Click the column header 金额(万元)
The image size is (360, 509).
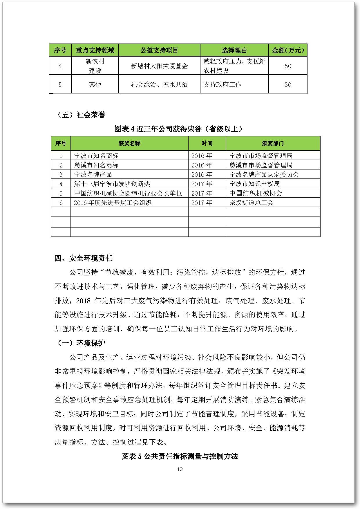pyautogui.click(x=288, y=50)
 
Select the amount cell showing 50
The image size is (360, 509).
pyautogui.click(x=288, y=66)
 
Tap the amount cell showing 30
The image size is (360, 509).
pyautogui.click(x=288, y=84)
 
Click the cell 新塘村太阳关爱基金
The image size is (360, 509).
pyautogui.click(x=159, y=66)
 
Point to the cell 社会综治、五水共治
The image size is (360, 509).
pyautogui.click(x=159, y=84)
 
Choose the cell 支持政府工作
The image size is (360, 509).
pyautogui.click(x=222, y=84)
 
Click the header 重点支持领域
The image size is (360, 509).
pyautogui.click(x=95, y=50)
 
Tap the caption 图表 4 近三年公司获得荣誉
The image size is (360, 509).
pyautogui.click(x=178, y=129)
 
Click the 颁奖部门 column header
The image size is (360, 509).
pyautogui.click(x=273, y=143)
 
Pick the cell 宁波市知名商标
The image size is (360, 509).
pyautogui.click(x=96, y=156)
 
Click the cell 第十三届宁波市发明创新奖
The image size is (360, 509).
pyautogui.click(x=112, y=184)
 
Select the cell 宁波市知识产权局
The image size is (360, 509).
pyautogui.click(x=254, y=184)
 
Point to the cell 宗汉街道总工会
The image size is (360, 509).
pyautogui.click(x=251, y=203)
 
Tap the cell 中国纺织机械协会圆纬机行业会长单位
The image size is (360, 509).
pyautogui.click(x=128, y=193)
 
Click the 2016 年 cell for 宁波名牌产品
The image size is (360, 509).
pyautogui.click(x=202, y=174)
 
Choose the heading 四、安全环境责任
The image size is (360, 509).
pyautogui.click(x=84, y=258)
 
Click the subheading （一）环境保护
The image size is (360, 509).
pyautogui.click(x=80, y=343)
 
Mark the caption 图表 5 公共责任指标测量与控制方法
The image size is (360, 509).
pyautogui.click(x=180, y=456)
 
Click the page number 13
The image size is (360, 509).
pyautogui.click(x=180, y=469)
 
